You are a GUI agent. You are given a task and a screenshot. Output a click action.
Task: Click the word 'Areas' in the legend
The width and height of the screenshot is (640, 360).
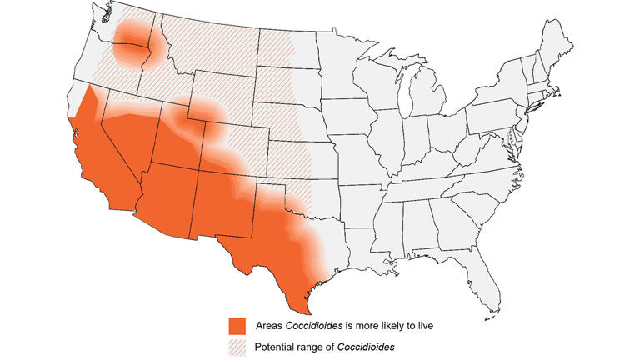270,323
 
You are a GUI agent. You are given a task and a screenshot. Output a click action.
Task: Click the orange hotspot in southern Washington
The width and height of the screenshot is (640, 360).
133,37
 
